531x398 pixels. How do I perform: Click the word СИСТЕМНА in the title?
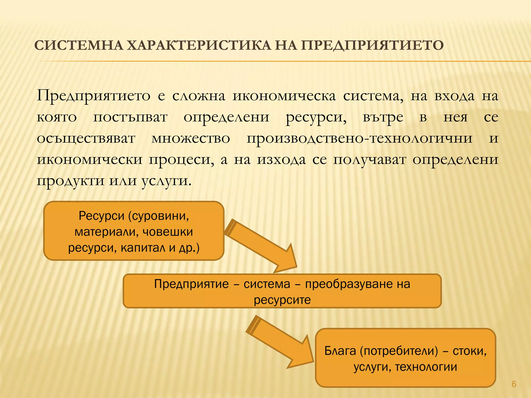(x=78, y=46)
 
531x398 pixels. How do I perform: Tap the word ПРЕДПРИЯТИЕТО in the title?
(x=372, y=46)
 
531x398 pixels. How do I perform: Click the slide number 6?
(x=514, y=384)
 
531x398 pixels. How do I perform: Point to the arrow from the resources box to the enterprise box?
(x=262, y=246)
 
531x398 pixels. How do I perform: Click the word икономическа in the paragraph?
(x=284, y=96)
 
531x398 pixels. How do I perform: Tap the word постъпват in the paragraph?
(x=130, y=117)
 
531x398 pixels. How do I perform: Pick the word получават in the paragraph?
(x=369, y=160)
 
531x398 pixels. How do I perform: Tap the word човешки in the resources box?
(x=168, y=232)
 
